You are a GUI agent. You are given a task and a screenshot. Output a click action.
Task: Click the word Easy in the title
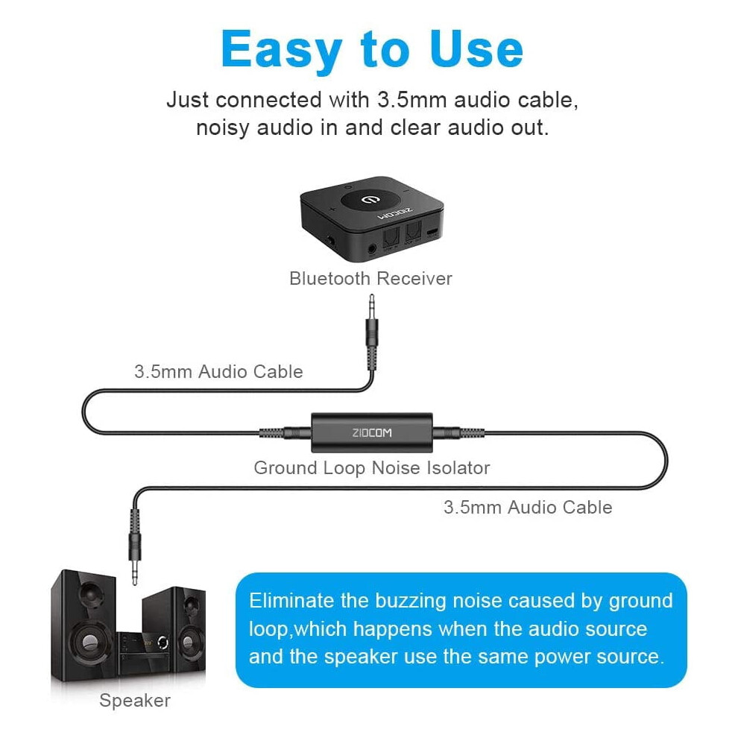click(x=281, y=50)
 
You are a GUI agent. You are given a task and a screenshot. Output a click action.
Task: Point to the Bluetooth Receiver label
click(x=371, y=278)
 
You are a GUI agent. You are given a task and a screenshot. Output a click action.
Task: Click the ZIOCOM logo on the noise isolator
click(x=372, y=432)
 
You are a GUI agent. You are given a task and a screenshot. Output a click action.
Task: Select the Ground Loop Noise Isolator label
click(x=372, y=468)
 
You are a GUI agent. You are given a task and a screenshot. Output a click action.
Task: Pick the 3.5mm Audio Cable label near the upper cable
click(x=218, y=372)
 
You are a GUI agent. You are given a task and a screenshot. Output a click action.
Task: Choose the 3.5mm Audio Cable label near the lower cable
click(x=528, y=508)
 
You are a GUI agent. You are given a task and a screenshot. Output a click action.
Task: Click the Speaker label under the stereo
click(x=135, y=700)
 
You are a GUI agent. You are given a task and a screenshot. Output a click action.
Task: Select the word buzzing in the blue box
click(x=411, y=601)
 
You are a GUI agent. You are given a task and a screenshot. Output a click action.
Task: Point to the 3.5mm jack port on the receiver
click(x=372, y=248)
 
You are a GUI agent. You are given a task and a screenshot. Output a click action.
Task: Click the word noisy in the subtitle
click(x=222, y=128)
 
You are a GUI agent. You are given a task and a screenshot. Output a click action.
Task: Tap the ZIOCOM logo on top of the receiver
click(x=395, y=212)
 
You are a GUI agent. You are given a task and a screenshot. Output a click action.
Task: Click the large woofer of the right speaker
click(x=189, y=642)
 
